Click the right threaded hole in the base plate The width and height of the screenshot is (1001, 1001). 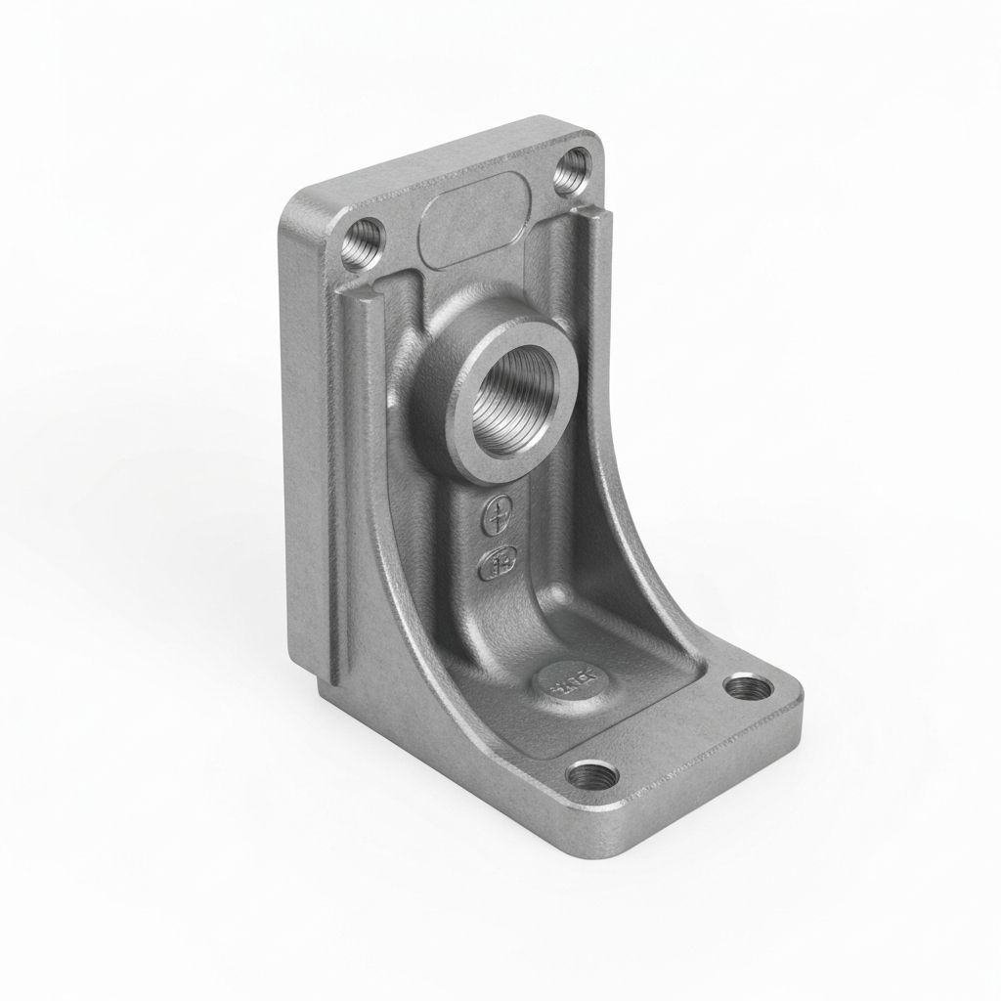tap(749, 687)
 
